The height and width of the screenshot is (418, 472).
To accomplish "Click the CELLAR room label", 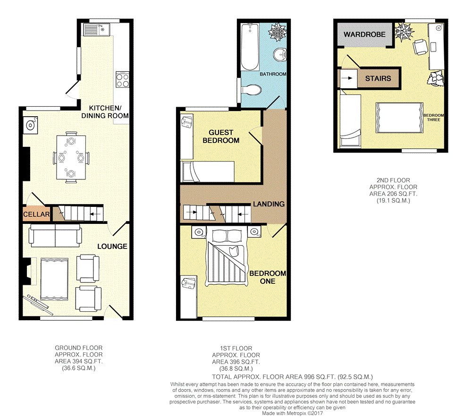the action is coord(36,214).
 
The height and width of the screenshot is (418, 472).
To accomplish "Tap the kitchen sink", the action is coord(97,29).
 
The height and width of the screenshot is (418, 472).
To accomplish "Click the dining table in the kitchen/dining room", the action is coord(71,157).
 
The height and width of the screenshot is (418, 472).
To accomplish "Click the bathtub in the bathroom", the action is coord(250,47).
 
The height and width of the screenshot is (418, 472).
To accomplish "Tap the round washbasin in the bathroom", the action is coord(280,54).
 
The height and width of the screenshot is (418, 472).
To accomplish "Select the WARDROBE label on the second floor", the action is coord(364,34).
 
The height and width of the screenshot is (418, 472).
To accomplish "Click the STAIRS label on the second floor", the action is coord(378,78).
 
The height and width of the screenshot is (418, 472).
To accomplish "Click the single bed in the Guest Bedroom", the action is coord(207,171).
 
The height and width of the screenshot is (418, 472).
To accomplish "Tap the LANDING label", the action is coord(269,204).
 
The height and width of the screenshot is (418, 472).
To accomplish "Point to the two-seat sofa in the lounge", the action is coord(55,236).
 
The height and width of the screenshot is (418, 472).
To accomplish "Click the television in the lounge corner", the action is coord(36,302).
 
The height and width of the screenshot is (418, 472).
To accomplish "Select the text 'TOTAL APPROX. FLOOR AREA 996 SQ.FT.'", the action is coord(274,377).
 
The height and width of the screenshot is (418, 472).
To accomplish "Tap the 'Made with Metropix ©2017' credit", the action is coord(292,413).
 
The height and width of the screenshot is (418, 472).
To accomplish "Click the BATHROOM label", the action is coord(273,74).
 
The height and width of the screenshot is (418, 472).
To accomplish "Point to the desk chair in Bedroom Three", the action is coord(420,47).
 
